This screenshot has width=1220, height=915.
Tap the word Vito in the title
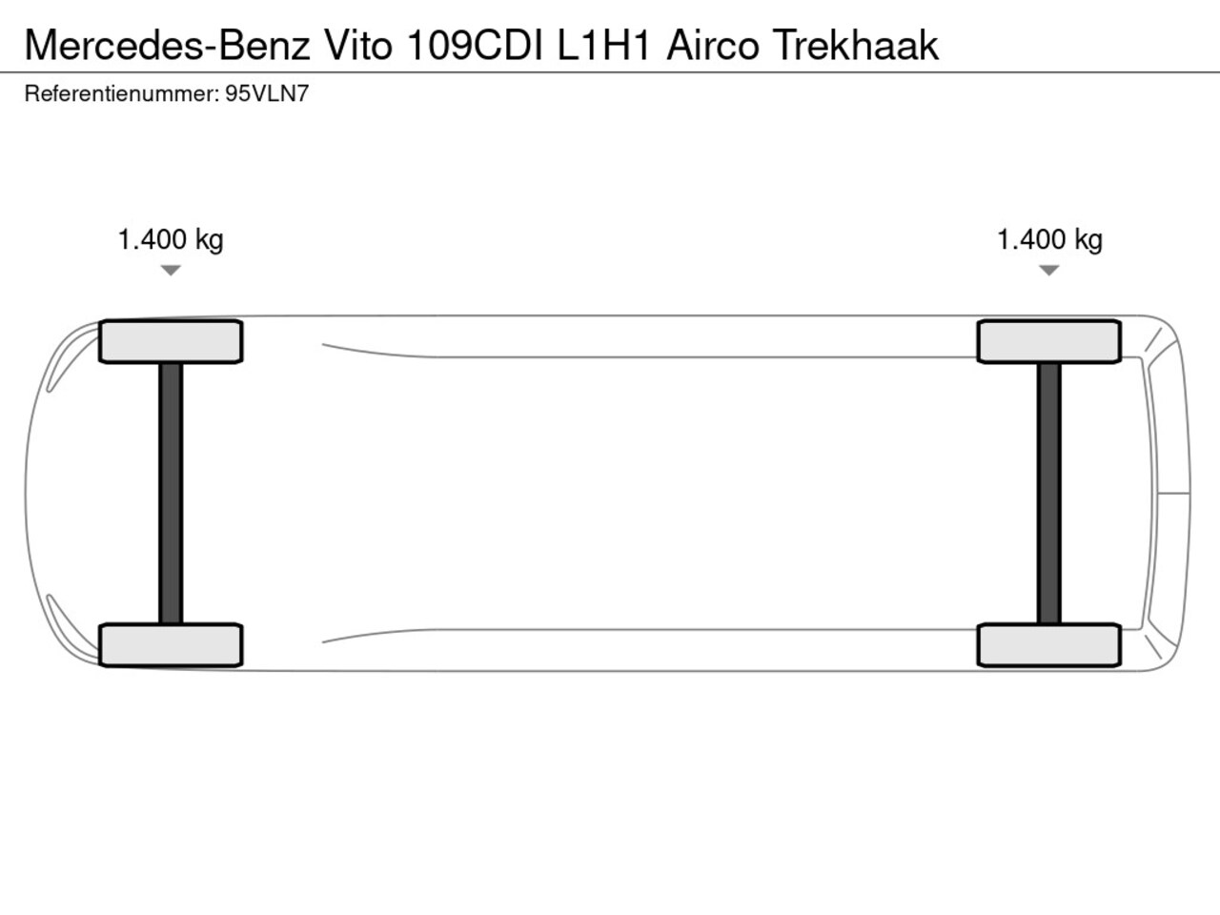(358, 45)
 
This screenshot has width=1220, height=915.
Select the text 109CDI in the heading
(476, 45)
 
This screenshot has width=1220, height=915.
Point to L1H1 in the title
(603, 45)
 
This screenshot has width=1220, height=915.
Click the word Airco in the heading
(713, 45)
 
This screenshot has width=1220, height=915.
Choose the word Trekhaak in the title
(856, 45)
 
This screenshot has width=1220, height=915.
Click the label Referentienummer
(122, 94)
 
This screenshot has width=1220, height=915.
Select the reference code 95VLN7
(267, 94)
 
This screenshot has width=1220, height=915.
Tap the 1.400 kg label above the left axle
(171, 240)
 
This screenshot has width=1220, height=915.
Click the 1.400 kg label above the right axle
(1049, 240)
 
